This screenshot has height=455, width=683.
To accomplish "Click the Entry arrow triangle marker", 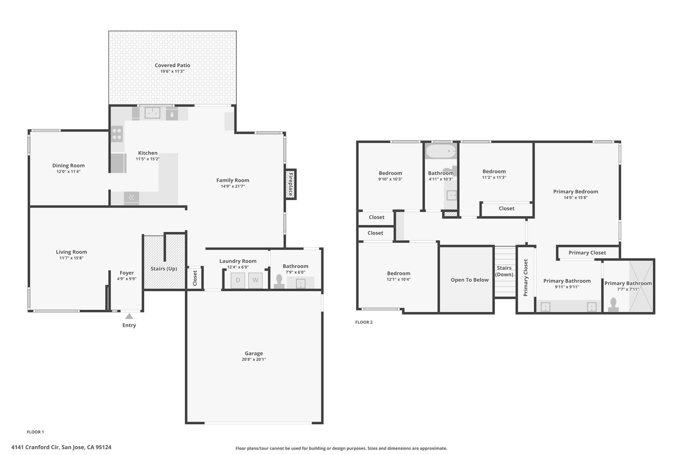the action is (129, 316).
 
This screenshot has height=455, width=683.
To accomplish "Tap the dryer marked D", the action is (238, 280).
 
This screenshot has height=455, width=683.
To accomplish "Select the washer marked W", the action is (255, 280).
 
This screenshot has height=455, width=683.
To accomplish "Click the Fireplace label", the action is (290, 184).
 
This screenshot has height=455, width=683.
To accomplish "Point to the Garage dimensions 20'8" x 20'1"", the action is (254, 359).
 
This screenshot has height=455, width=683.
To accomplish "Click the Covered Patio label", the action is (172, 65).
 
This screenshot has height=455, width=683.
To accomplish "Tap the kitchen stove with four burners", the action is (117, 134).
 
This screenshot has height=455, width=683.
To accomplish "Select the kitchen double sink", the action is (152, 113).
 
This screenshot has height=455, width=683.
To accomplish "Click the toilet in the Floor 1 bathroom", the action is (279, 282).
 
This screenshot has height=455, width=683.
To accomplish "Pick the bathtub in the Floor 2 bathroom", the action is (441, 151).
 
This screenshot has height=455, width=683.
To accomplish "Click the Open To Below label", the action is (470, 280).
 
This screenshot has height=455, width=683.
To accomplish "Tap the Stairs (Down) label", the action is (504, 271).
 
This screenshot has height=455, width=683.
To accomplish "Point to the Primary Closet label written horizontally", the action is (587, 253).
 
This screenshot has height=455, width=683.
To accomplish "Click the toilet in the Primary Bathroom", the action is (613, 305).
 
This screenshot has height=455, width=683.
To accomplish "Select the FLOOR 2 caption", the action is (364, 322).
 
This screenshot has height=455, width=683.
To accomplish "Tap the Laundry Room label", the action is (238, 261).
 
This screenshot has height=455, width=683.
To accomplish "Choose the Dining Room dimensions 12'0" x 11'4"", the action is (68, 172).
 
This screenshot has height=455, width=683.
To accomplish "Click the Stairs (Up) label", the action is (164, 269).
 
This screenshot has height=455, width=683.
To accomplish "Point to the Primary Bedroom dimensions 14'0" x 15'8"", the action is (576, 198).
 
